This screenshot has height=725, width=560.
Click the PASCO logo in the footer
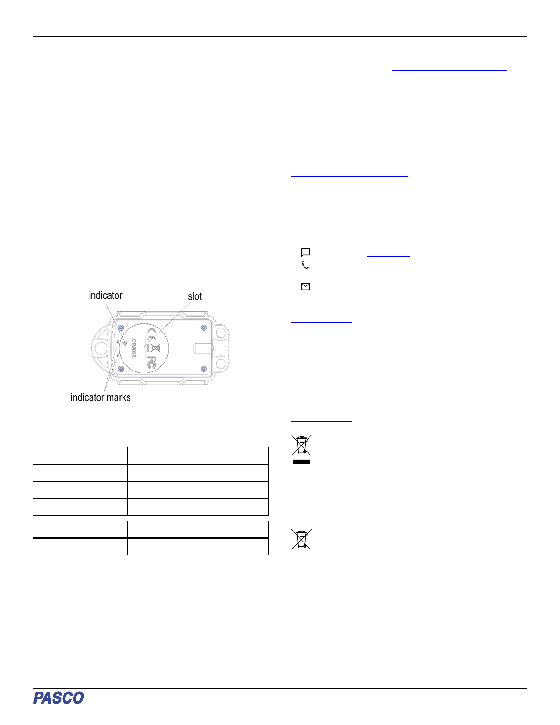tap(59, 698)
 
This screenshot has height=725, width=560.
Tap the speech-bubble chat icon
tap(305, 252)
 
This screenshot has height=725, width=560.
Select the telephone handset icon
tap(305, 265)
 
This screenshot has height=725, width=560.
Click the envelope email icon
tap(305, 287)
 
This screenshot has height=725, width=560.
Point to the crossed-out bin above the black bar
tap(301, 445)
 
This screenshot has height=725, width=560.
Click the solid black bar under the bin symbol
tap(301, 462)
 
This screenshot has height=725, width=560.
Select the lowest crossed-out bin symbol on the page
tap(301, 539)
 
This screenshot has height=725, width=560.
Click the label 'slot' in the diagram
tap(195, 296)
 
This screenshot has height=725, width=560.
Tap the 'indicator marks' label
tap(101, 397)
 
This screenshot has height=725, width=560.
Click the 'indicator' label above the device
tap(106, 295)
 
